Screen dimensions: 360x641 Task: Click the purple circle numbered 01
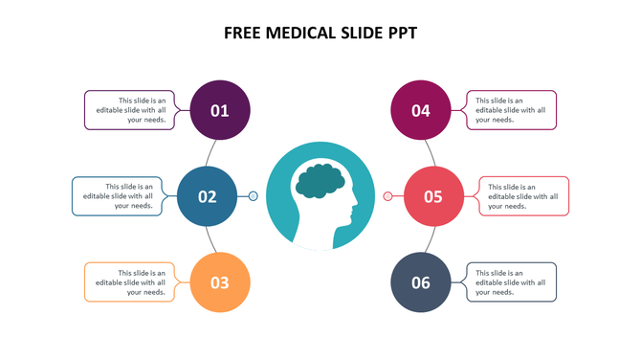point(220,110)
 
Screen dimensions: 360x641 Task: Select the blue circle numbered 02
point(208,196)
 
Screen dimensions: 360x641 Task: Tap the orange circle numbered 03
point(220,282)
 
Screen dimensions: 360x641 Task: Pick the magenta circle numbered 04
point(421,110)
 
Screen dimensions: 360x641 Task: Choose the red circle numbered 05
point(433,196)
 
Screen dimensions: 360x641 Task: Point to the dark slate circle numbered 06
point(421,282)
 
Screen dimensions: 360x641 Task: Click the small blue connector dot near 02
point(254,196)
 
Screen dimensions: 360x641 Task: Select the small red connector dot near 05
point(387,196)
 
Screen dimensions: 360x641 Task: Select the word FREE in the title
point(243,33)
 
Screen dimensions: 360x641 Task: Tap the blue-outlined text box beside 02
point(117,196)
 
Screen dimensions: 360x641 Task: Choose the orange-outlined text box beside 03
point(129,282)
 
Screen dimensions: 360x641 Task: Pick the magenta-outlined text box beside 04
point(512,110)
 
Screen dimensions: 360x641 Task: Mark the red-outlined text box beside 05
point(524,196)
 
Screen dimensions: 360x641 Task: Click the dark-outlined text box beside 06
point(512,282)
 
